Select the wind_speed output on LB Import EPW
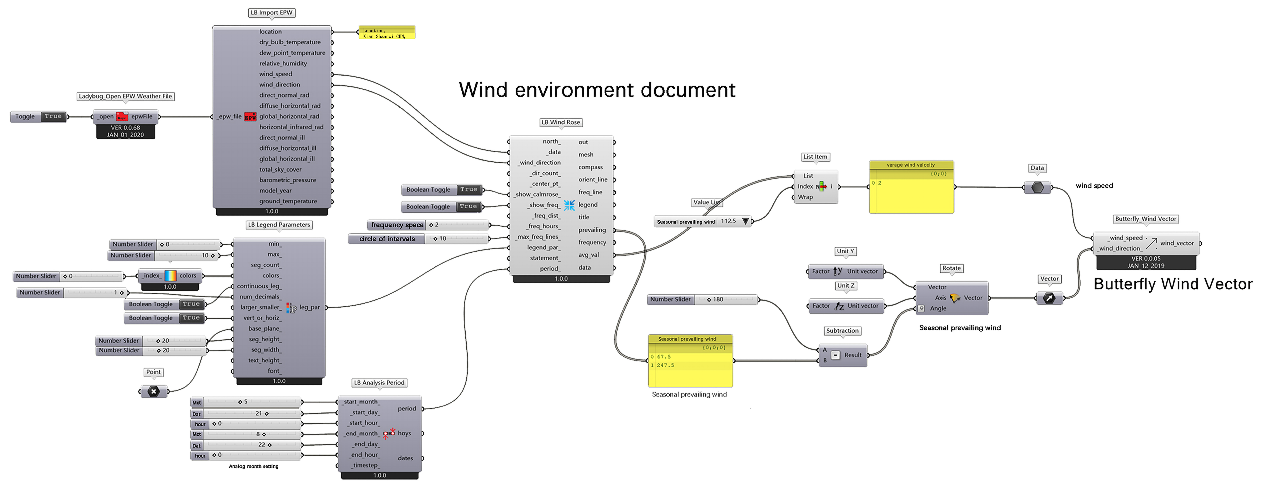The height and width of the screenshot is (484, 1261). pyautogui.click(x=276, y=74)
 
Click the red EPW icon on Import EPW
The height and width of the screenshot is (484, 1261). pyautogui.click(x=250, y=117)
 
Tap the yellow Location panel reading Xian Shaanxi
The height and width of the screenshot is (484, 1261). pyautogui.click(x=387, y=33)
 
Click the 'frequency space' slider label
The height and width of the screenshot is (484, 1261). pyautogui.click(x=397, y=225)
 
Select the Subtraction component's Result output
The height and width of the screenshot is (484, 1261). pyautogui.click(x=853, y=355)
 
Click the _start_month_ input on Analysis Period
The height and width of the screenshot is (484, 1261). pyautogui.click(x=361, y=402)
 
